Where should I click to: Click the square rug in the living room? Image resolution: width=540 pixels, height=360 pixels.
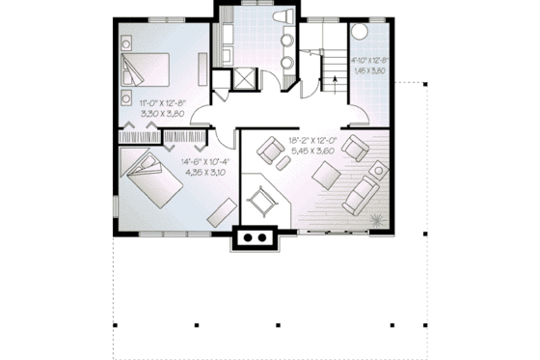click(321, 181)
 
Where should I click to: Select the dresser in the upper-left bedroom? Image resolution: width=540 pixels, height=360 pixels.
click(202, 69)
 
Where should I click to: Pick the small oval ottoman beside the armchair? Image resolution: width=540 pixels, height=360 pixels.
click(284, 164)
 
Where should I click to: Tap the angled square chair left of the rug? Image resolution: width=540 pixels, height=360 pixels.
click(259, 203)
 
